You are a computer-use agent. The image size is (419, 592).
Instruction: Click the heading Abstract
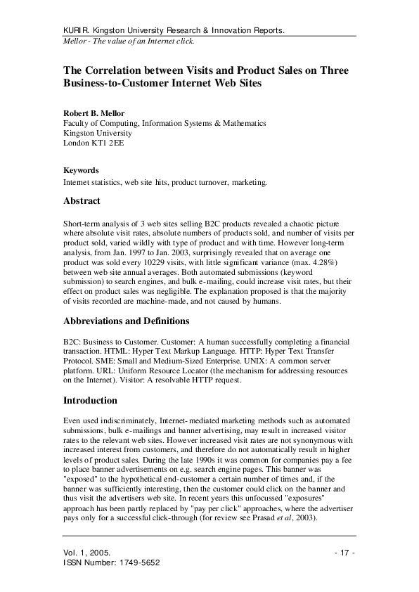tap(82, 201)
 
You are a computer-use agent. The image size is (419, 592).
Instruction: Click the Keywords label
tap(81, 170)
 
